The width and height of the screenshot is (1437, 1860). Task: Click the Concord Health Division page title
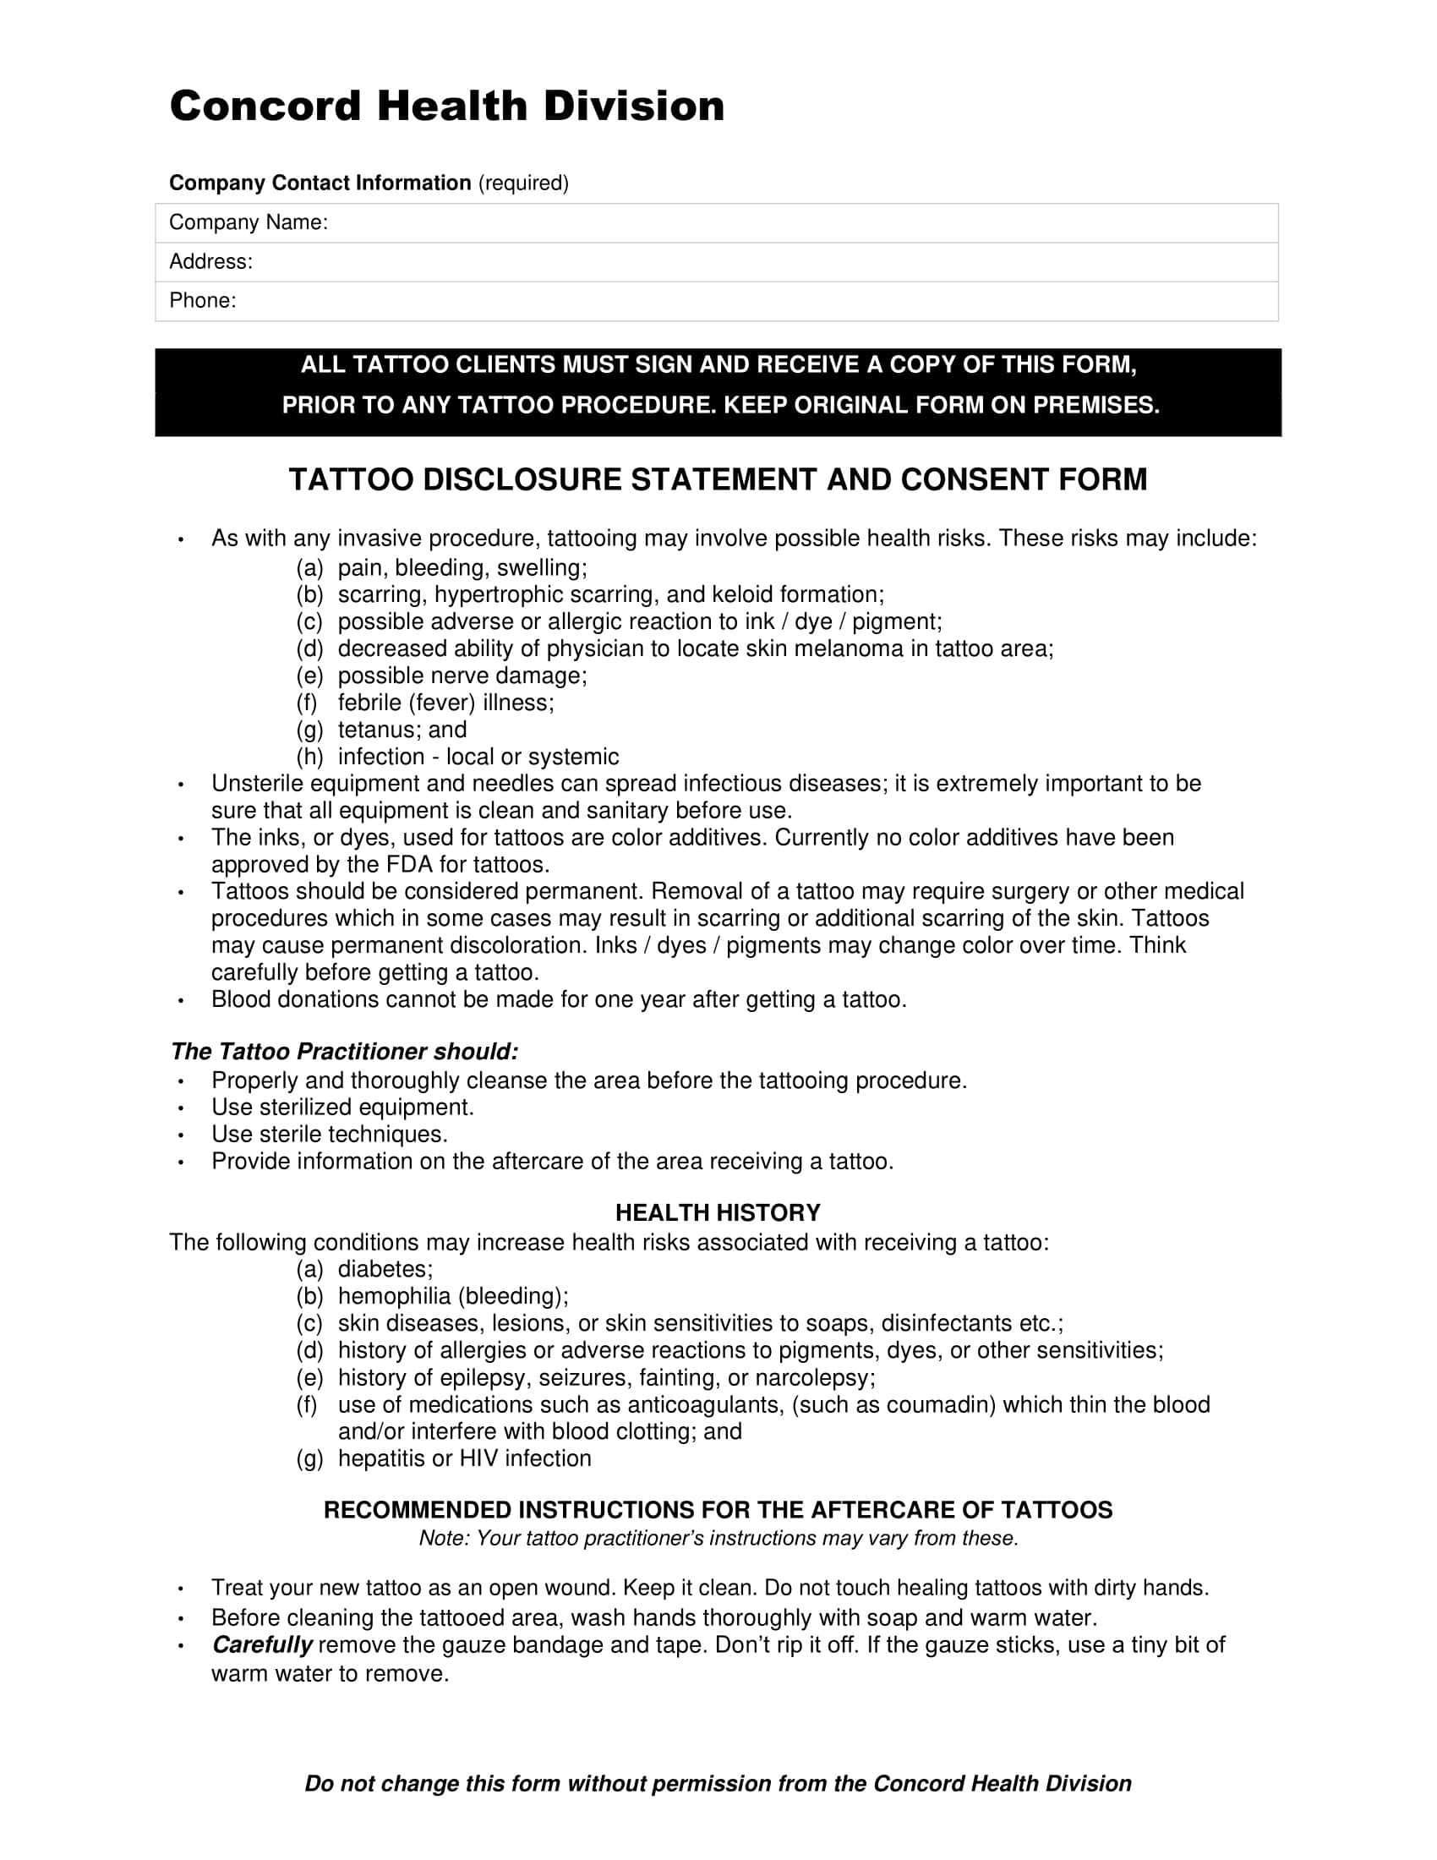(x=447, y=107)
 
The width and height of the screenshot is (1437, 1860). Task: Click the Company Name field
(x=716, y=223)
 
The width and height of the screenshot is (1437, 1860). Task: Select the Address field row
(x=716, y=262)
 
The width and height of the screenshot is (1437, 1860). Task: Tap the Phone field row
(x=716, y=302)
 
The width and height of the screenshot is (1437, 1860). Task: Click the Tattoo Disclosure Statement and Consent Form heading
(x=718, y=479)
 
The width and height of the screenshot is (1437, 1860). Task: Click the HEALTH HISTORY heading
(x=718, y=1212)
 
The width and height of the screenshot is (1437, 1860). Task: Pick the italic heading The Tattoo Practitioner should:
(x=344, y=1052)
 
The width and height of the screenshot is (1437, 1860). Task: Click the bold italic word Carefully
(x=262, y=1644)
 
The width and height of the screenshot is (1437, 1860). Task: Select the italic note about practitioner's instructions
(x=718, y=1538)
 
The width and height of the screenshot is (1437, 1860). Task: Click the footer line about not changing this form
(x=718, y=1783)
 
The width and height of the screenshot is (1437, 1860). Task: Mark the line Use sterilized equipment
(x=342, y=1108)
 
